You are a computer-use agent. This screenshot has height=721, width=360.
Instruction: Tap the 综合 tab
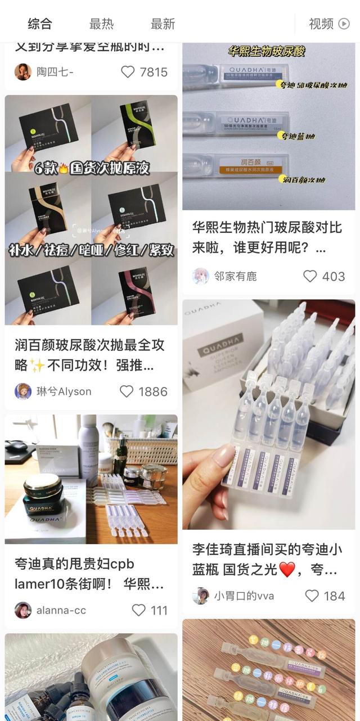[40, 24]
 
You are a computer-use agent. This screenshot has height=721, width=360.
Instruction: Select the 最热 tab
[101, 24]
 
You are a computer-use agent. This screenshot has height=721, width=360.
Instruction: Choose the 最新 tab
[163, 24]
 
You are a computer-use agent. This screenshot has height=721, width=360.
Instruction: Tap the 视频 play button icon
[344, 24]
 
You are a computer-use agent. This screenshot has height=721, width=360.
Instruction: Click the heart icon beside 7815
[128, 72]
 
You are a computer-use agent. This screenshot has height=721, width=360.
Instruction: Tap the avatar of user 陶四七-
[22, 72]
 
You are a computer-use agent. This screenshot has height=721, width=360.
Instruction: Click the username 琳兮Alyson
[64, 391]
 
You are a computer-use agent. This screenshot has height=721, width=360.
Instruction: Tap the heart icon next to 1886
[127, 391]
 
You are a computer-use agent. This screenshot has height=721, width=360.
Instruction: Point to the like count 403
[333, 276]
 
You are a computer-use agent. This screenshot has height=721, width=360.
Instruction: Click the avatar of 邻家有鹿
[201, 276]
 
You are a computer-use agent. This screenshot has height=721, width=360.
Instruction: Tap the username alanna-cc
[61, 610]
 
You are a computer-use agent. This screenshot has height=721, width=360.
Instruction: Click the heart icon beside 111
[138, 610]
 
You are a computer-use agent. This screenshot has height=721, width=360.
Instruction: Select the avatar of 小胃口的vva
[201, 596]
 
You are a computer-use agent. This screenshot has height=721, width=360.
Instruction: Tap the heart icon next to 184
[312, 596]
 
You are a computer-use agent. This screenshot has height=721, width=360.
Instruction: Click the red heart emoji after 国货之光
[287, 570]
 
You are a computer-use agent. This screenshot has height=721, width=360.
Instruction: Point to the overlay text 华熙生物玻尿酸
[267, 52]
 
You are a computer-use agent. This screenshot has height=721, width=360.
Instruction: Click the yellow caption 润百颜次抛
[304, 180]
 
